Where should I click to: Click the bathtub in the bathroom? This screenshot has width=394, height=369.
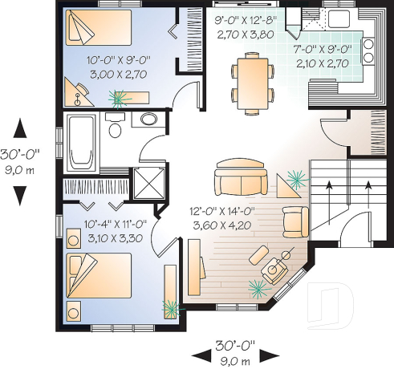click(x=79, y=144)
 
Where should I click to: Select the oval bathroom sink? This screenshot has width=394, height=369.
click(x=148, y=120)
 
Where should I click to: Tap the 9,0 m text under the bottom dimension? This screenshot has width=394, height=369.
click(x=234, y=362)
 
